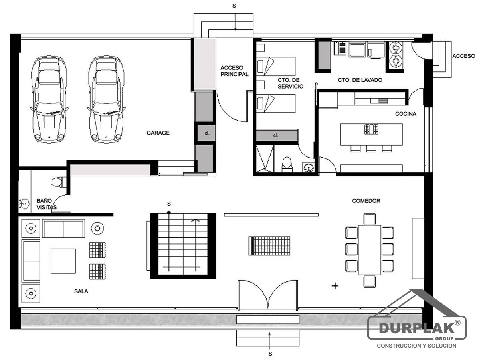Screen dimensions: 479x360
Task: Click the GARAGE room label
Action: point(158,133)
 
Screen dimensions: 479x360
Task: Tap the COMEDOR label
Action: point(366,201)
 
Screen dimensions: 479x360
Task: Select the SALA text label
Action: point(81,291)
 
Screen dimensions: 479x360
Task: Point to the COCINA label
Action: point(406,114)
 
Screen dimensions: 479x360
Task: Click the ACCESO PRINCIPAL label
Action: point(234,71)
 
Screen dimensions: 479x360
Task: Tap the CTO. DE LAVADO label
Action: point(360,80)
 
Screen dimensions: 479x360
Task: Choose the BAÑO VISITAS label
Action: point(46,204)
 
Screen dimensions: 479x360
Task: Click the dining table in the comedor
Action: point(369,250)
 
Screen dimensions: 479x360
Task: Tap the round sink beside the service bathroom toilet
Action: point(308,168)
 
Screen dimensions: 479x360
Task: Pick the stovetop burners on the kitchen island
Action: point(371,129)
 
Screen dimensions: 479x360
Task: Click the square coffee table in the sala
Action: point(63,261)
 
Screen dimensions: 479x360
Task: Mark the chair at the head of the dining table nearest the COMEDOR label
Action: point(370,219)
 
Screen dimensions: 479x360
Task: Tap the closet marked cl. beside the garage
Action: point(206,133)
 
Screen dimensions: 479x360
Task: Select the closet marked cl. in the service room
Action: point(277,135)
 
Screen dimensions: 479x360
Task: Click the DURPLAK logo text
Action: point(417,328)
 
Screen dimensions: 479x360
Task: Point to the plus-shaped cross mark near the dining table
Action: point(335,286)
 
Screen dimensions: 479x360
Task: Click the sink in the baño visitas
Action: point(24,204)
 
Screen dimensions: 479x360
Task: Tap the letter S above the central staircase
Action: point(169,204)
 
